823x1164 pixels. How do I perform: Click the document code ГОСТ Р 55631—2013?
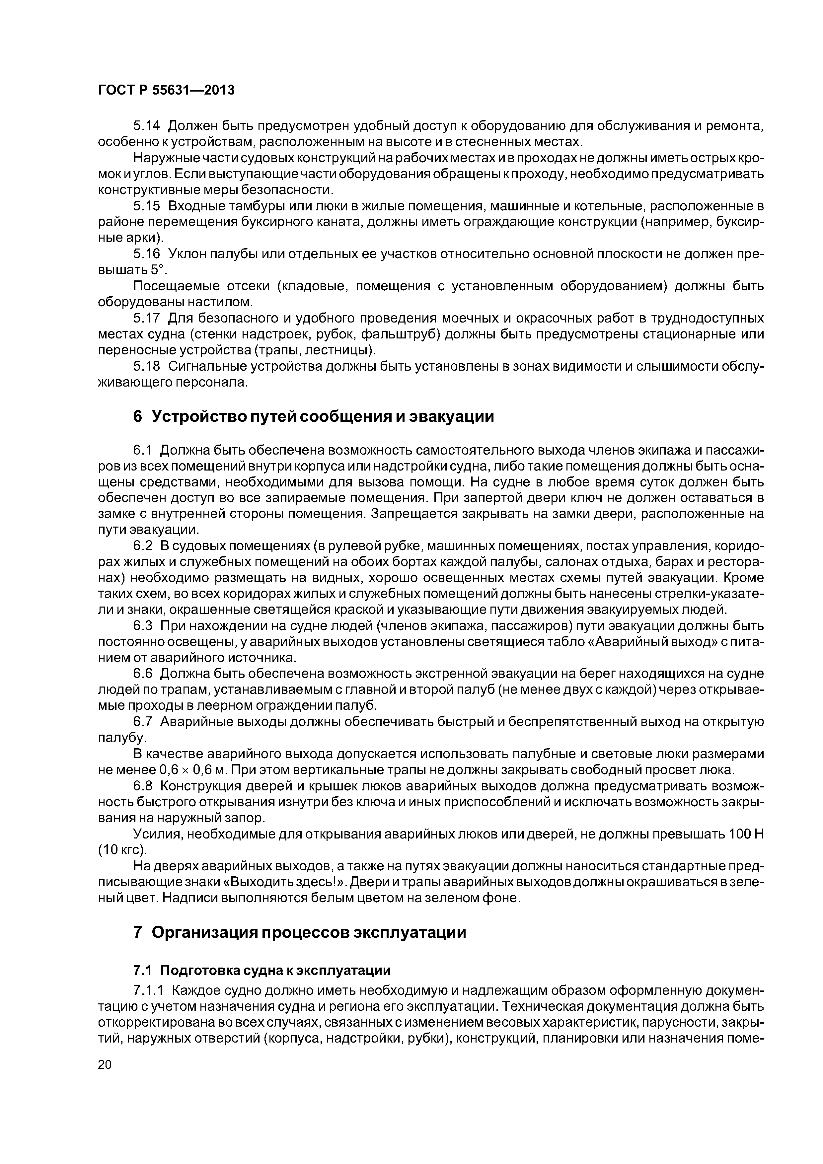pyautogui.click(x=166, y=90)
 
